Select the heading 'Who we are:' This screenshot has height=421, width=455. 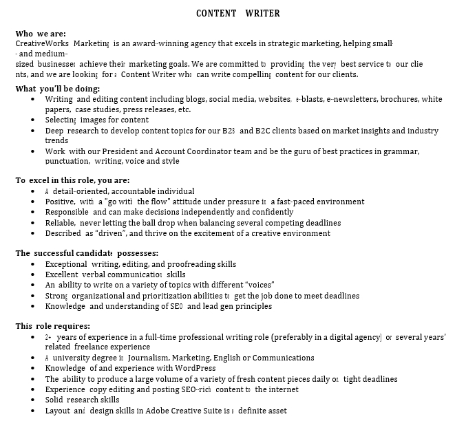[41, 34]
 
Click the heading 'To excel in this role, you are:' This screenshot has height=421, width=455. [72, 181]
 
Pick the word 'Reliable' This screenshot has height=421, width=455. [61, 223]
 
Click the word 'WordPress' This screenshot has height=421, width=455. [195, 368]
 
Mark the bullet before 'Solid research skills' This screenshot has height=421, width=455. [34, 400]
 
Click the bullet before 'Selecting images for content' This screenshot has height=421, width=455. [34, 120]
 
